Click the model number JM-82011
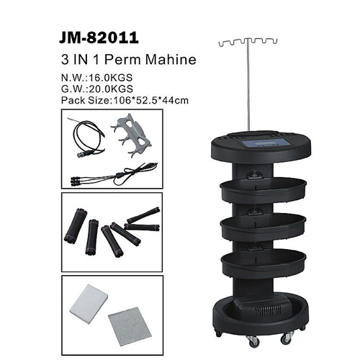99,37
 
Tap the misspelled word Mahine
171,59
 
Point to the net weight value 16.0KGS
111,78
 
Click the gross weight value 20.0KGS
111,89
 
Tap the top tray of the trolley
264,190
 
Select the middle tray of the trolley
264,227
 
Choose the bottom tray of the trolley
264,263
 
